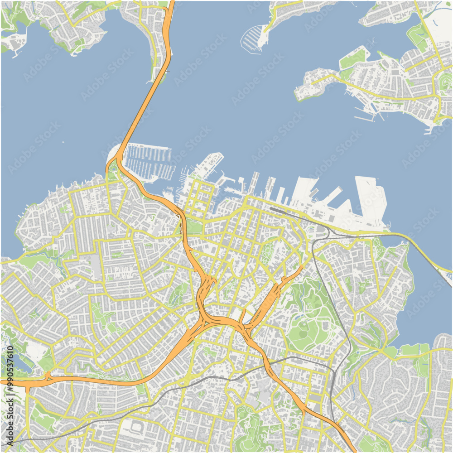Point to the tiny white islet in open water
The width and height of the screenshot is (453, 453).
pos(63,142)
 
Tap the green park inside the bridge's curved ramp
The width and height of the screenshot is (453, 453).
pos(113,172)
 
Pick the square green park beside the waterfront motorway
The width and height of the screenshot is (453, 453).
pos(193,226)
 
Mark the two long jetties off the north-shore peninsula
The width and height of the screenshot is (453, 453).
pos(365,116)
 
